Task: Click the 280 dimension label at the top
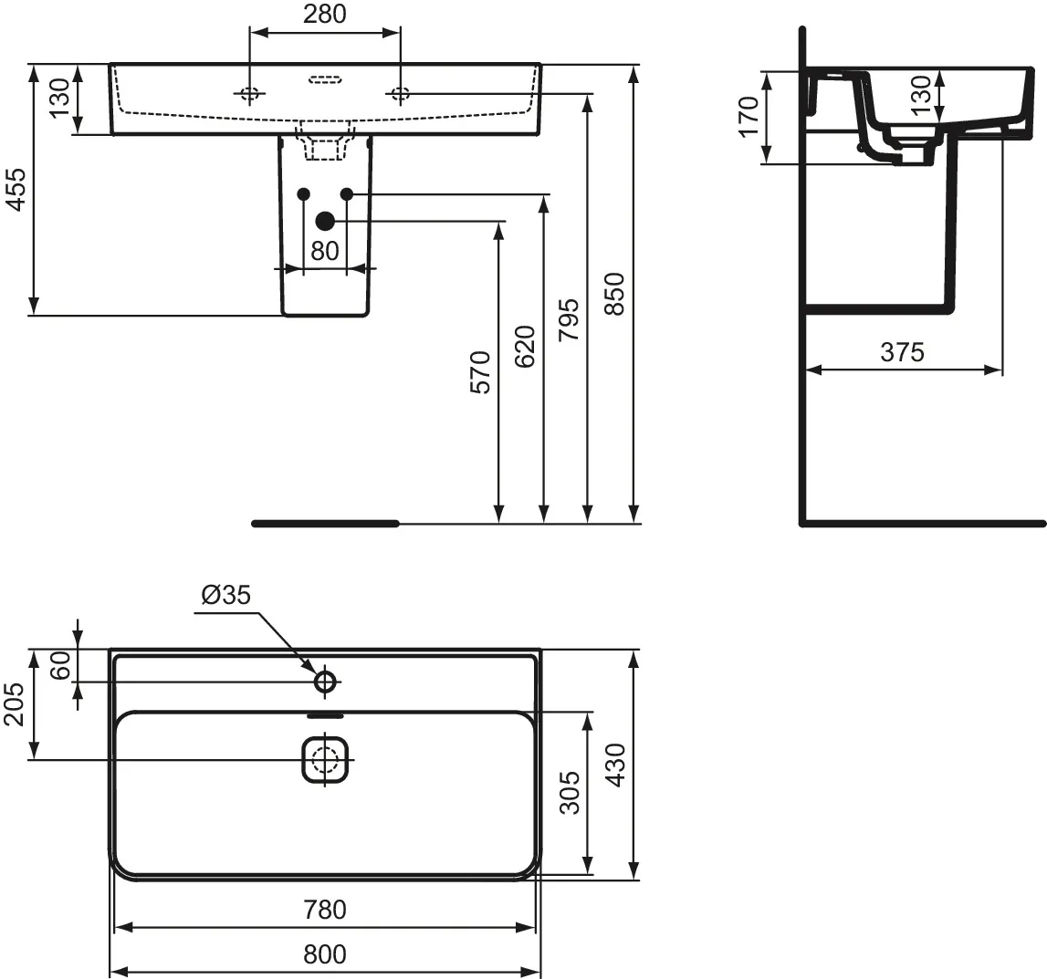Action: [325, 14]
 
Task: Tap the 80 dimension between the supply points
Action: [325, 251]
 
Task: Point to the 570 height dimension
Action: [480, 371]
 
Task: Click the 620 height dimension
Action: [525, 347]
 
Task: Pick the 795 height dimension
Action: [569, 320]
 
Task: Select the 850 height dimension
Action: [613, 294]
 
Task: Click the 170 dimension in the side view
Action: [749, 116]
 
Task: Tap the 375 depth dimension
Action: [902, 352]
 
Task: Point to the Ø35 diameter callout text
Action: [226, 595]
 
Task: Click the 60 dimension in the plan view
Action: [61, 665]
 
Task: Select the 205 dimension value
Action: [14, 704]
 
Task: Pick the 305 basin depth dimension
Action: [570, 792]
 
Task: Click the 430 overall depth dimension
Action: [615, 765]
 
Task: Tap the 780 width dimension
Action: [325, 910]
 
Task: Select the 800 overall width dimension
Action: [325, 954]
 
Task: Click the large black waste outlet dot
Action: [325, 221]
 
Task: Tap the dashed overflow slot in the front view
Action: [325, 80]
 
